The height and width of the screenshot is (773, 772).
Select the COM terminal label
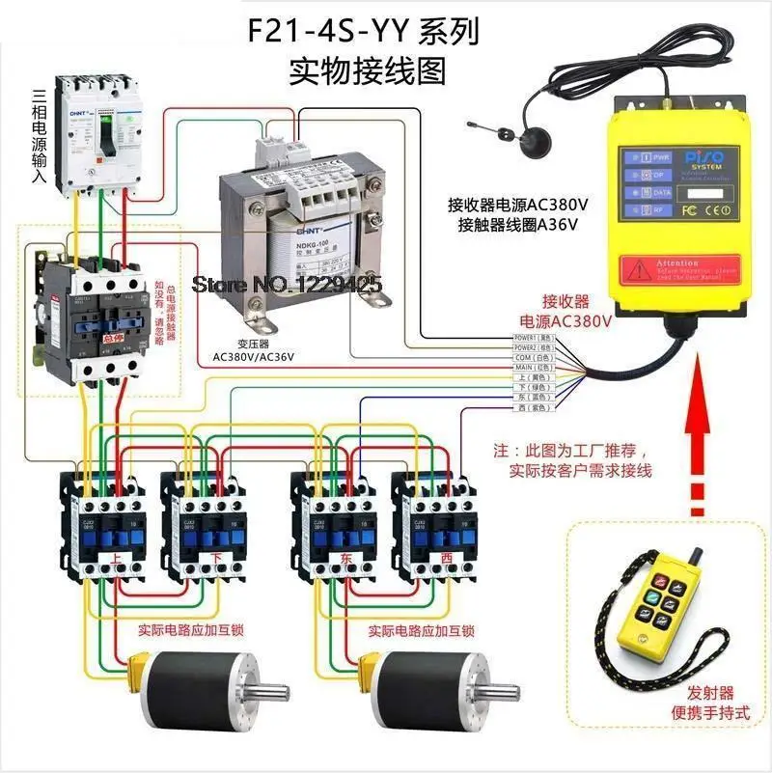click(530, 358)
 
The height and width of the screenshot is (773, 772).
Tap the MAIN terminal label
click(530, 368)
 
